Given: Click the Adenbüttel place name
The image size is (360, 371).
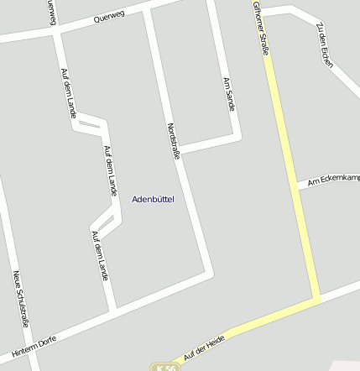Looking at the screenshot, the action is [154, 199].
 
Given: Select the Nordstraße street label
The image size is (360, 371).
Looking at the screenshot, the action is [175, 140].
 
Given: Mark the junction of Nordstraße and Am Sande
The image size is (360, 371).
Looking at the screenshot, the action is [181, 149].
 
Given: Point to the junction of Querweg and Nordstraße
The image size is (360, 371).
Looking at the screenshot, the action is [148, 11].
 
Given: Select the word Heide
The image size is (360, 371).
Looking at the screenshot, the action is [217, 340].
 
